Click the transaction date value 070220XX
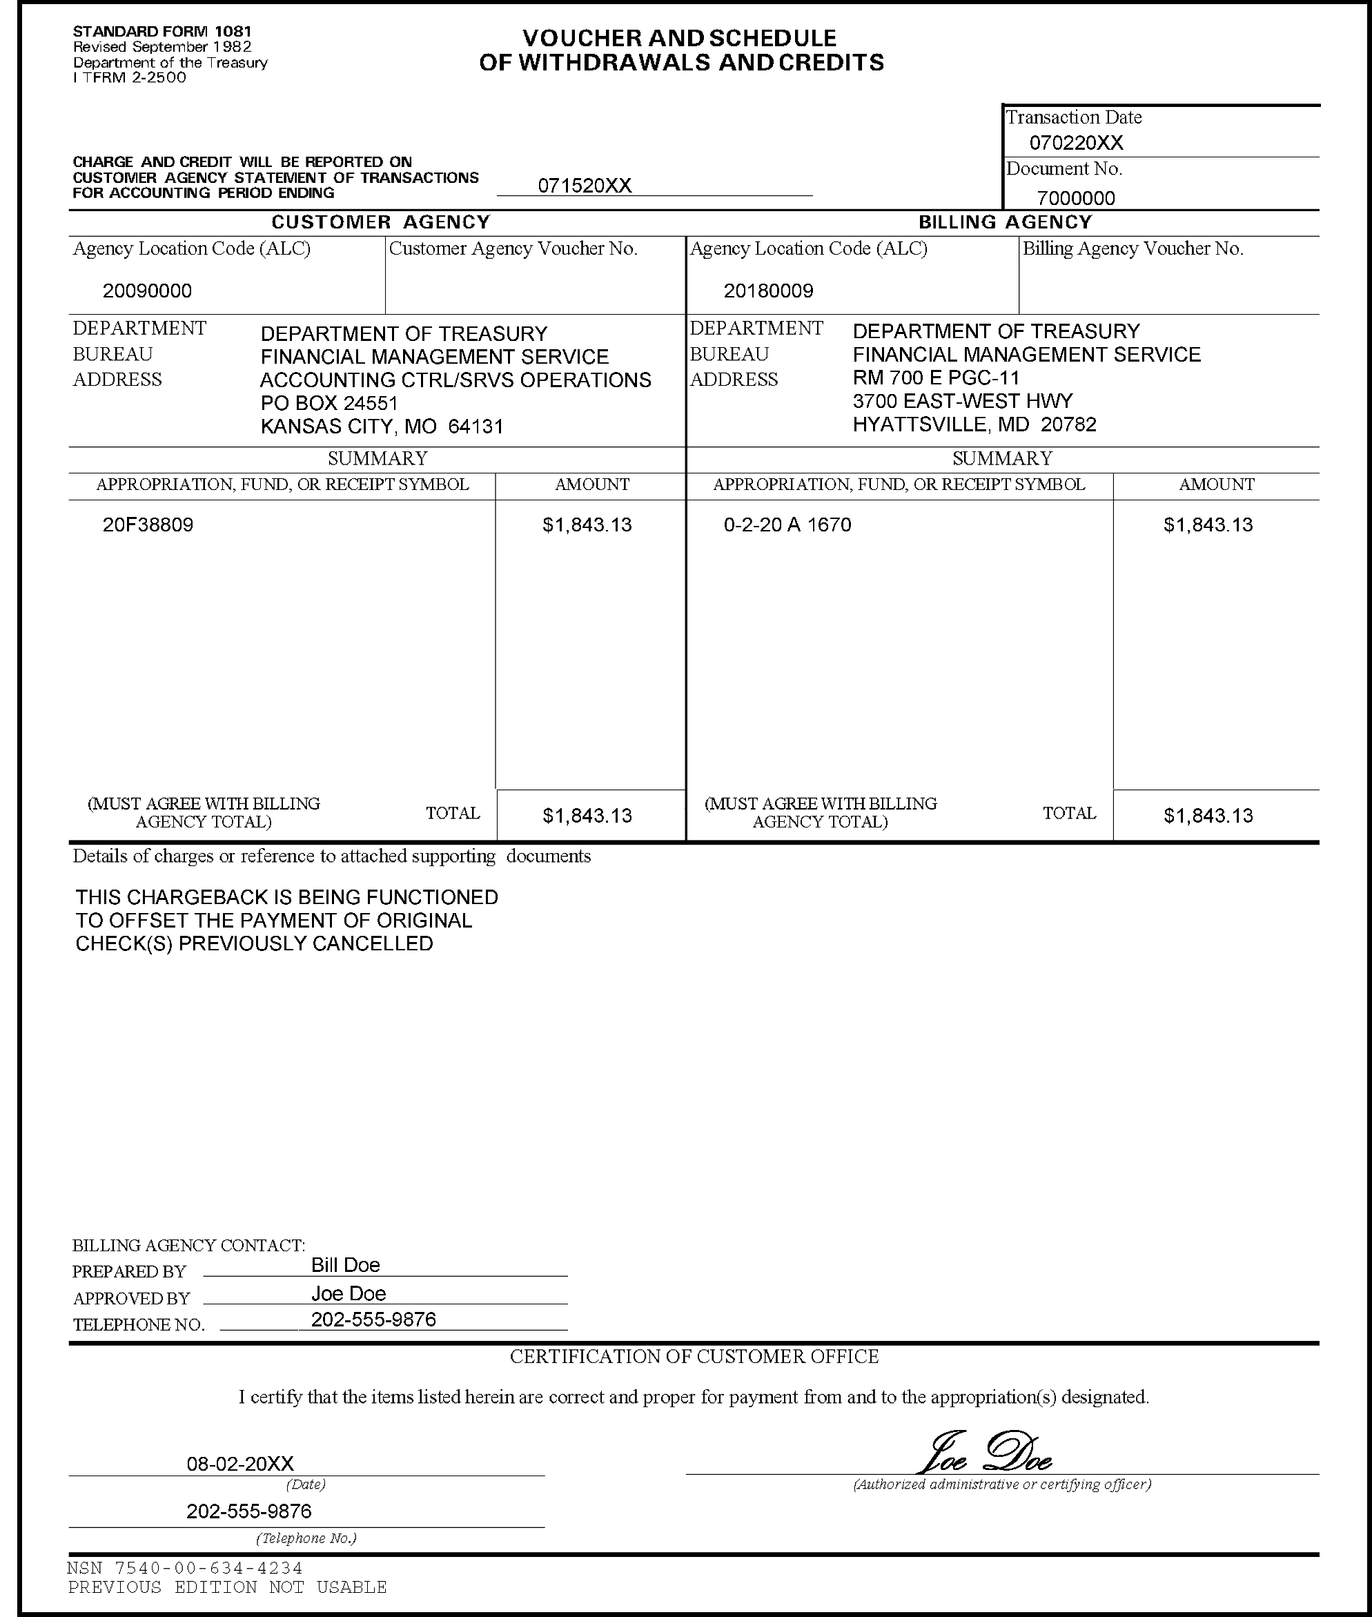click(1076, 143)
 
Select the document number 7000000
click(1076, 198)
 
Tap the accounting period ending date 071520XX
click(585, 186)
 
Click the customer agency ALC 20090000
click(147, 291)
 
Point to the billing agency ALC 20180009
click(768, 291)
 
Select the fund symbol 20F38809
click(148, 525)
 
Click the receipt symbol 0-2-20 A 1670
click(787, 525)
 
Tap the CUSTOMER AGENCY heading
click(380, 222)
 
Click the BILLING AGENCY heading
click(1005, 222)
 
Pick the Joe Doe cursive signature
click(986, 1452)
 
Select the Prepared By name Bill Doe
click(345, 1266)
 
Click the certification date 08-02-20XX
click(240, 1464)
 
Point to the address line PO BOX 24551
click(329, 403)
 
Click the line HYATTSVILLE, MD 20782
click(974, 424)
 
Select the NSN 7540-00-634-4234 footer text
click(185, 1568)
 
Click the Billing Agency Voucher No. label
click(1133, 249)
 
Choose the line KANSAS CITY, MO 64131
click(382, 427)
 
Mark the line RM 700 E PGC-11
click(936, 378)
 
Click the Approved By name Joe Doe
click(349, 1293)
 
